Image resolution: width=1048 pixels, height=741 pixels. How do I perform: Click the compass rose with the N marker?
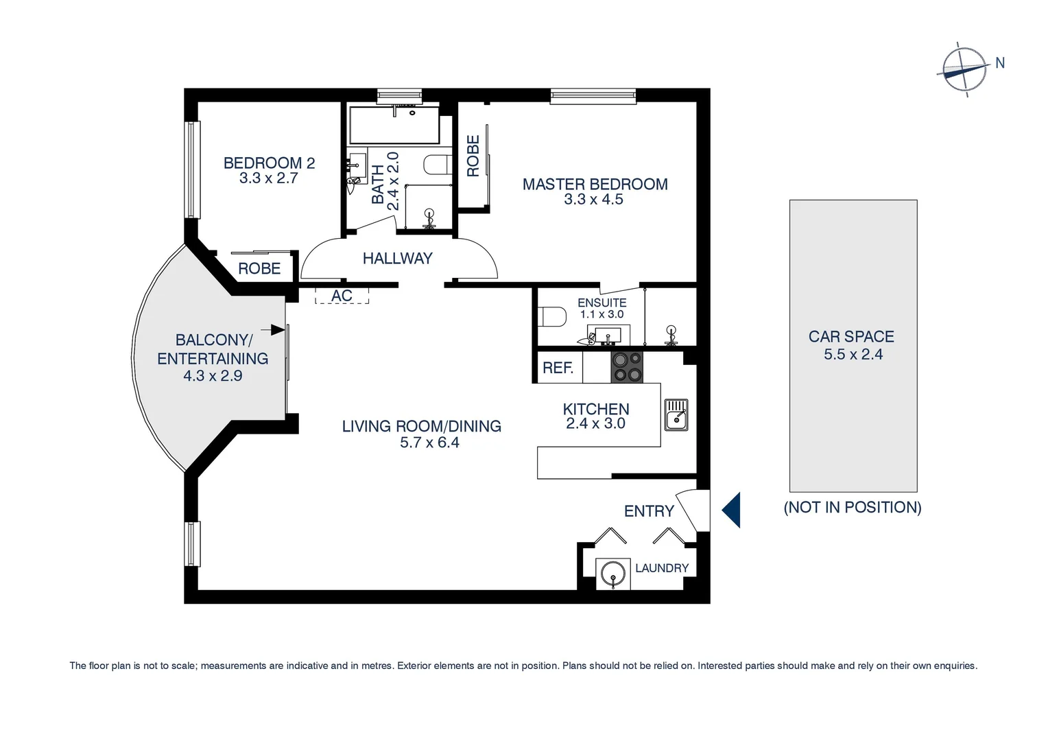tap(964, 69)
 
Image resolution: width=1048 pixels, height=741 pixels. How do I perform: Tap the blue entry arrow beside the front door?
tap(732, 510)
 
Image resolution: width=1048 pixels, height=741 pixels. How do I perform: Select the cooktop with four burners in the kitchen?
tap(627, 367)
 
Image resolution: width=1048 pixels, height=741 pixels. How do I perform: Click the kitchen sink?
tap(676, 416)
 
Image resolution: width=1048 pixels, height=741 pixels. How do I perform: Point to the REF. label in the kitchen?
tap(558, 368)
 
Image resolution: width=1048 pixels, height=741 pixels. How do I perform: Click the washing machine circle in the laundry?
tap(612, 573)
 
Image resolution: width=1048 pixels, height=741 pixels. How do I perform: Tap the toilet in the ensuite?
tap(553, 316)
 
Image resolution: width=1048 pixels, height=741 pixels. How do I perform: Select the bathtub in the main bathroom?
tap(394, 125)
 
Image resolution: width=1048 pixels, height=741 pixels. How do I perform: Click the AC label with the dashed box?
tap(342, 296)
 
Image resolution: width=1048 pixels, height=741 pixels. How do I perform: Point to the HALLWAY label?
tap(397, 259)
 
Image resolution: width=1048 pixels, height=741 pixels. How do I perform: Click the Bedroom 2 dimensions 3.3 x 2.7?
tap(268, 178)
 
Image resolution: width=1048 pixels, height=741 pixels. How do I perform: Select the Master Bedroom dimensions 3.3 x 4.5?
tap(593, 200)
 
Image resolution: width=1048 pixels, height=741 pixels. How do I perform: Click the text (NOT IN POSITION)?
tap(853, 507)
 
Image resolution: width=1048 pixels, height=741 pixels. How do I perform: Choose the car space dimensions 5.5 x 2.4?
tap(853, 355)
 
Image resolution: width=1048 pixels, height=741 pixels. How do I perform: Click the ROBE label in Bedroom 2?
tap(259, 268)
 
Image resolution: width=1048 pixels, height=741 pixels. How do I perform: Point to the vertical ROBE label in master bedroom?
tap(473, 156)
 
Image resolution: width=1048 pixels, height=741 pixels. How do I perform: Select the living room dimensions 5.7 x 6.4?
tap(429, 443)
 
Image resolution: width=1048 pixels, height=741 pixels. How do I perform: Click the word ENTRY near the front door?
tap(649, 511)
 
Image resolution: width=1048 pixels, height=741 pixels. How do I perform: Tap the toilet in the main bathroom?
tap(437, 165)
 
